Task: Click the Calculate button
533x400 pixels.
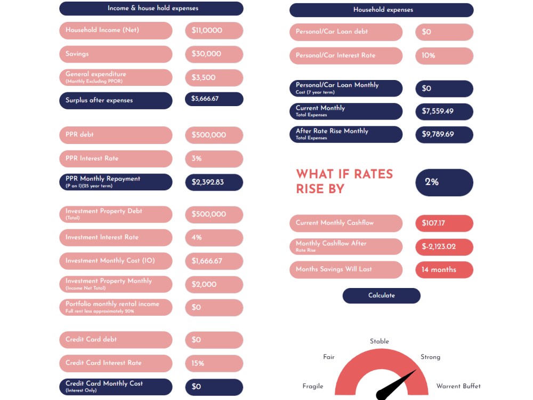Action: (x=382, y=295)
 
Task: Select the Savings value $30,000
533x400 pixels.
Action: (x=214, y=54)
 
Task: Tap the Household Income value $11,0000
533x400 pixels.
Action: (x=214, y=30)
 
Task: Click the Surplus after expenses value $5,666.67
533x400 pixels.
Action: (x=214, y=99)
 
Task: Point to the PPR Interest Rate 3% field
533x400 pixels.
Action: (x=214, y=159)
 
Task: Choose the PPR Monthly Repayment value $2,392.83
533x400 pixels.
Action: (x=214, y=182)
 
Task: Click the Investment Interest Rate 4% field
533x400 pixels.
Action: (x=214, y=237)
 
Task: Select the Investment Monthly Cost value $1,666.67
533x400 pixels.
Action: (x=214, y=261)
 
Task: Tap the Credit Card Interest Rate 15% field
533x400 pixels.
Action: (x=214, y=363)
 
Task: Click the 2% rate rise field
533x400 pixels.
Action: (x=445, y=182)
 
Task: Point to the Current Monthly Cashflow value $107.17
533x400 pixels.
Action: (x=445, y=223)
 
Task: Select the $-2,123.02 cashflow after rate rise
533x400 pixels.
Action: (x=445, y=247)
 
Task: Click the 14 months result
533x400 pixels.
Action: (x=445, y=270)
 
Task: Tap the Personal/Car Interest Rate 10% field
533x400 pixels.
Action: (x=445, y=56)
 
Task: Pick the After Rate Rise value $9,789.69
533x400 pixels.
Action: (x=445, y=135)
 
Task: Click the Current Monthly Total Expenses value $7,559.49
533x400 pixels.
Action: (x=445, y=111)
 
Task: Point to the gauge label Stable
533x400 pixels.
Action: (x=379, y=341)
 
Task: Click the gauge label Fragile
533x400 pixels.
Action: (x=313, y=386)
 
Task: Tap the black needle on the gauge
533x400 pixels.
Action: (x=395, y=385)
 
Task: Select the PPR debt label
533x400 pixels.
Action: (x=79, y=135)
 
